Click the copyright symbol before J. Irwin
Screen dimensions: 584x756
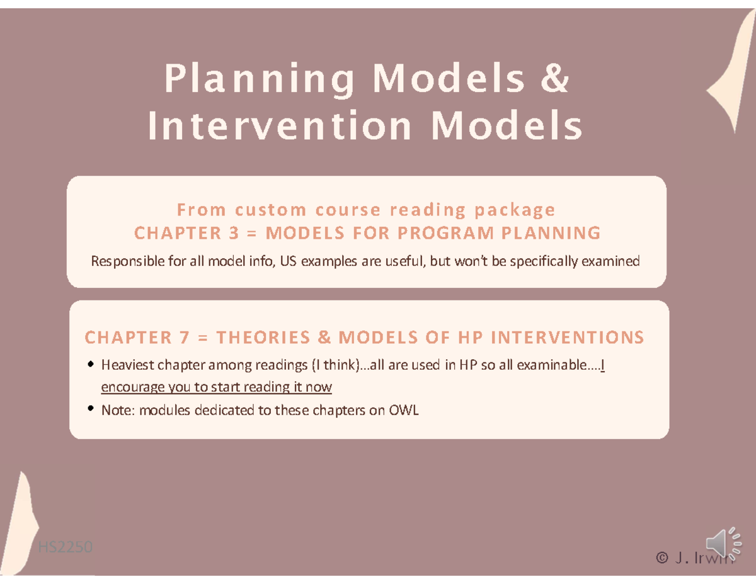click(661, 558)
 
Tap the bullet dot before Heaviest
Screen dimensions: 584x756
click(92, 364)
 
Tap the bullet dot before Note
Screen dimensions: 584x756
click(92, 410)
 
